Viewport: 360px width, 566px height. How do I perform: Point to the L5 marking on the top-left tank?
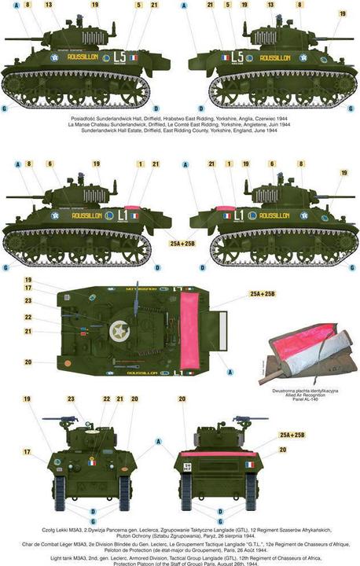(x=119, y=57)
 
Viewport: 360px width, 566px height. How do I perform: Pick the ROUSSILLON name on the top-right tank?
(x=276, y=58)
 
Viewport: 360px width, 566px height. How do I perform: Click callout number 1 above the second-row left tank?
(x=140, y=164)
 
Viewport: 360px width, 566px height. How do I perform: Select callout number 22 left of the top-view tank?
(x=28, y=317)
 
